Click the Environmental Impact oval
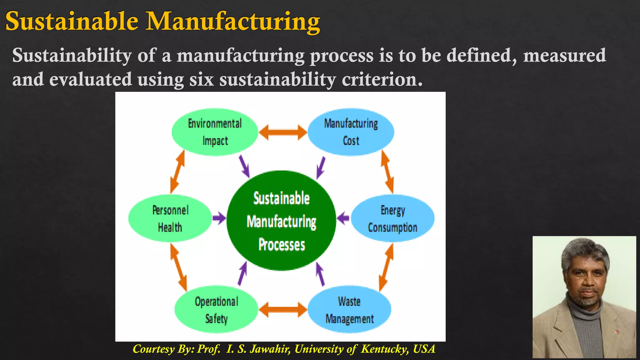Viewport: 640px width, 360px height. pyautogui.click(x=215, y=132)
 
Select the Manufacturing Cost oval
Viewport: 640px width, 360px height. pyautogui.click(x=351, y=132)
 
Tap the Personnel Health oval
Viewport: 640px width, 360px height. pyautogui.click(x=170, y=218)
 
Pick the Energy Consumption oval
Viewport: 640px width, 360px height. pyautogui.click(x=392, y=218)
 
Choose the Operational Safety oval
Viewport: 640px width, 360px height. pyautogui.click(x=216, y=309)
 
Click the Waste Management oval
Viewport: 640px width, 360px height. pyautogui.click(x=349, y=309)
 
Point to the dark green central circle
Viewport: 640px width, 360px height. pyautogui.click(x=281, y=221)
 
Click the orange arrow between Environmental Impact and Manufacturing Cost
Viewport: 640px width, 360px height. pyautogui.click(x=283, y=132)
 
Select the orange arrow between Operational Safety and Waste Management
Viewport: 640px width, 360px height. pyautogui.click(x=283, y=310)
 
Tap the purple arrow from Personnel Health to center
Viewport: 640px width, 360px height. pyautogui.click(x=219, y=218)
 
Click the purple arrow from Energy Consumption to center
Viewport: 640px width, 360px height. pyautogui.click(x=343, y=218)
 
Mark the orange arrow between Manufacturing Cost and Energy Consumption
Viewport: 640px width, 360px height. pyautogui.click(x=387, y=172)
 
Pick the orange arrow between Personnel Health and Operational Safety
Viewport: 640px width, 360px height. pyautogui.click(x=178, y=267)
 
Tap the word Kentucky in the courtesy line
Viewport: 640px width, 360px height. pyautogui.click(x=385, y=349)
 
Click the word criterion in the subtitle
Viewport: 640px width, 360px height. pyautogui.click(x=382, y=79)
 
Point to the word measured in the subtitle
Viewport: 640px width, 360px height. pyautogui.click(x=564, y=56)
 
